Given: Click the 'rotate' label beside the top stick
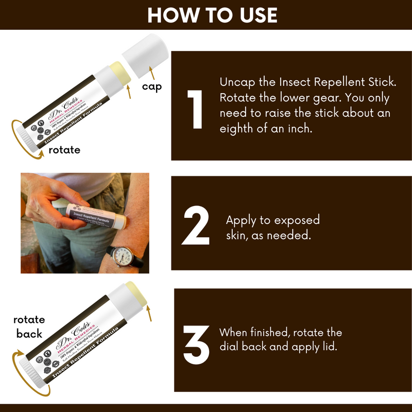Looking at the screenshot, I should tap(64, 150).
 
